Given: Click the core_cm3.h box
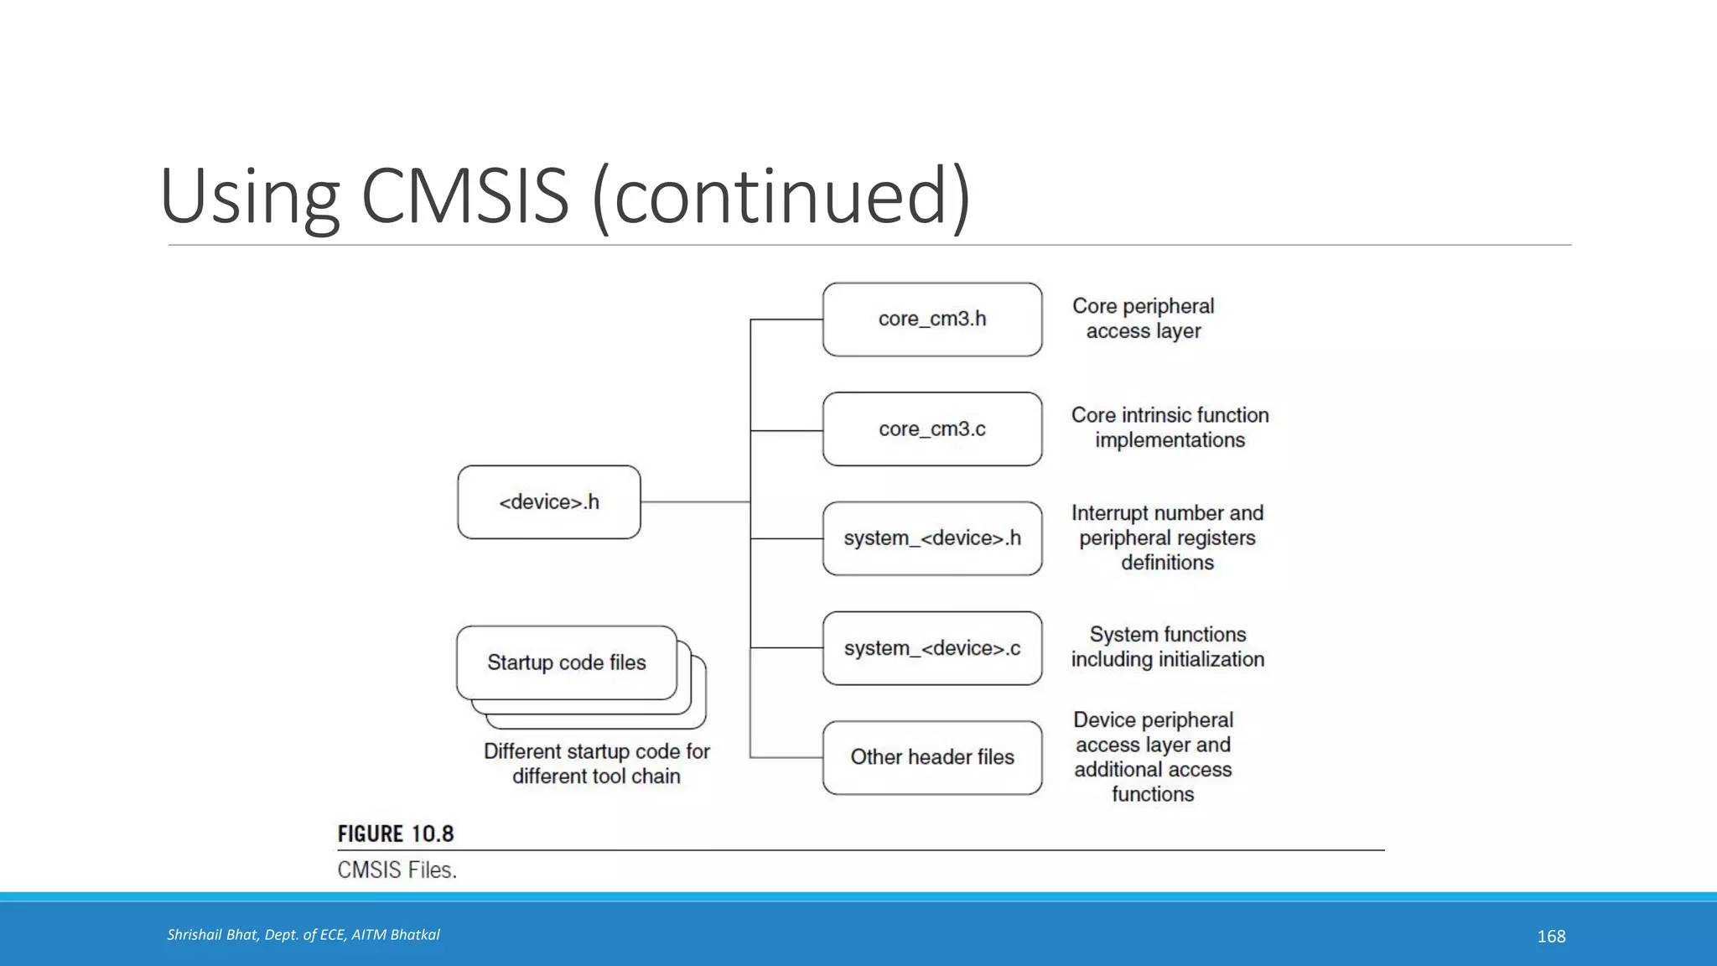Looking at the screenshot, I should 932,319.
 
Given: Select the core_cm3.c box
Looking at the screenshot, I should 932,429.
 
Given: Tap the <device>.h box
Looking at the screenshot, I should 549,502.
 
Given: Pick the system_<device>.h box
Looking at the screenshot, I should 932,538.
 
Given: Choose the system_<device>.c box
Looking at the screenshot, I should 932,648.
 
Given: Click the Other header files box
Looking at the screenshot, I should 932,757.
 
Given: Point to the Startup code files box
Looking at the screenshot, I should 567,662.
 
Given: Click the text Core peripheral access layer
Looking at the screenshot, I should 1143,319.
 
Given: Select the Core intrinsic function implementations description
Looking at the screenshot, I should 1170,428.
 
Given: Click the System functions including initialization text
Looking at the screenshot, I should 1167,647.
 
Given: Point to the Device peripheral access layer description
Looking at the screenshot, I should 1153,756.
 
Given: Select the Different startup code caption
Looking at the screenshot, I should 596,763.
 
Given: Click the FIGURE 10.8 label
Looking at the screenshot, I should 396,834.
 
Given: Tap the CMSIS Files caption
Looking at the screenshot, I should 397,870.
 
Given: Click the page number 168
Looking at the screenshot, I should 1551,936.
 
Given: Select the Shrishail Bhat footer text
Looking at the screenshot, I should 303,935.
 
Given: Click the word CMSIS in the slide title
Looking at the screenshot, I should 465,196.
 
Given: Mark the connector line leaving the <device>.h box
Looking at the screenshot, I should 694,501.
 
